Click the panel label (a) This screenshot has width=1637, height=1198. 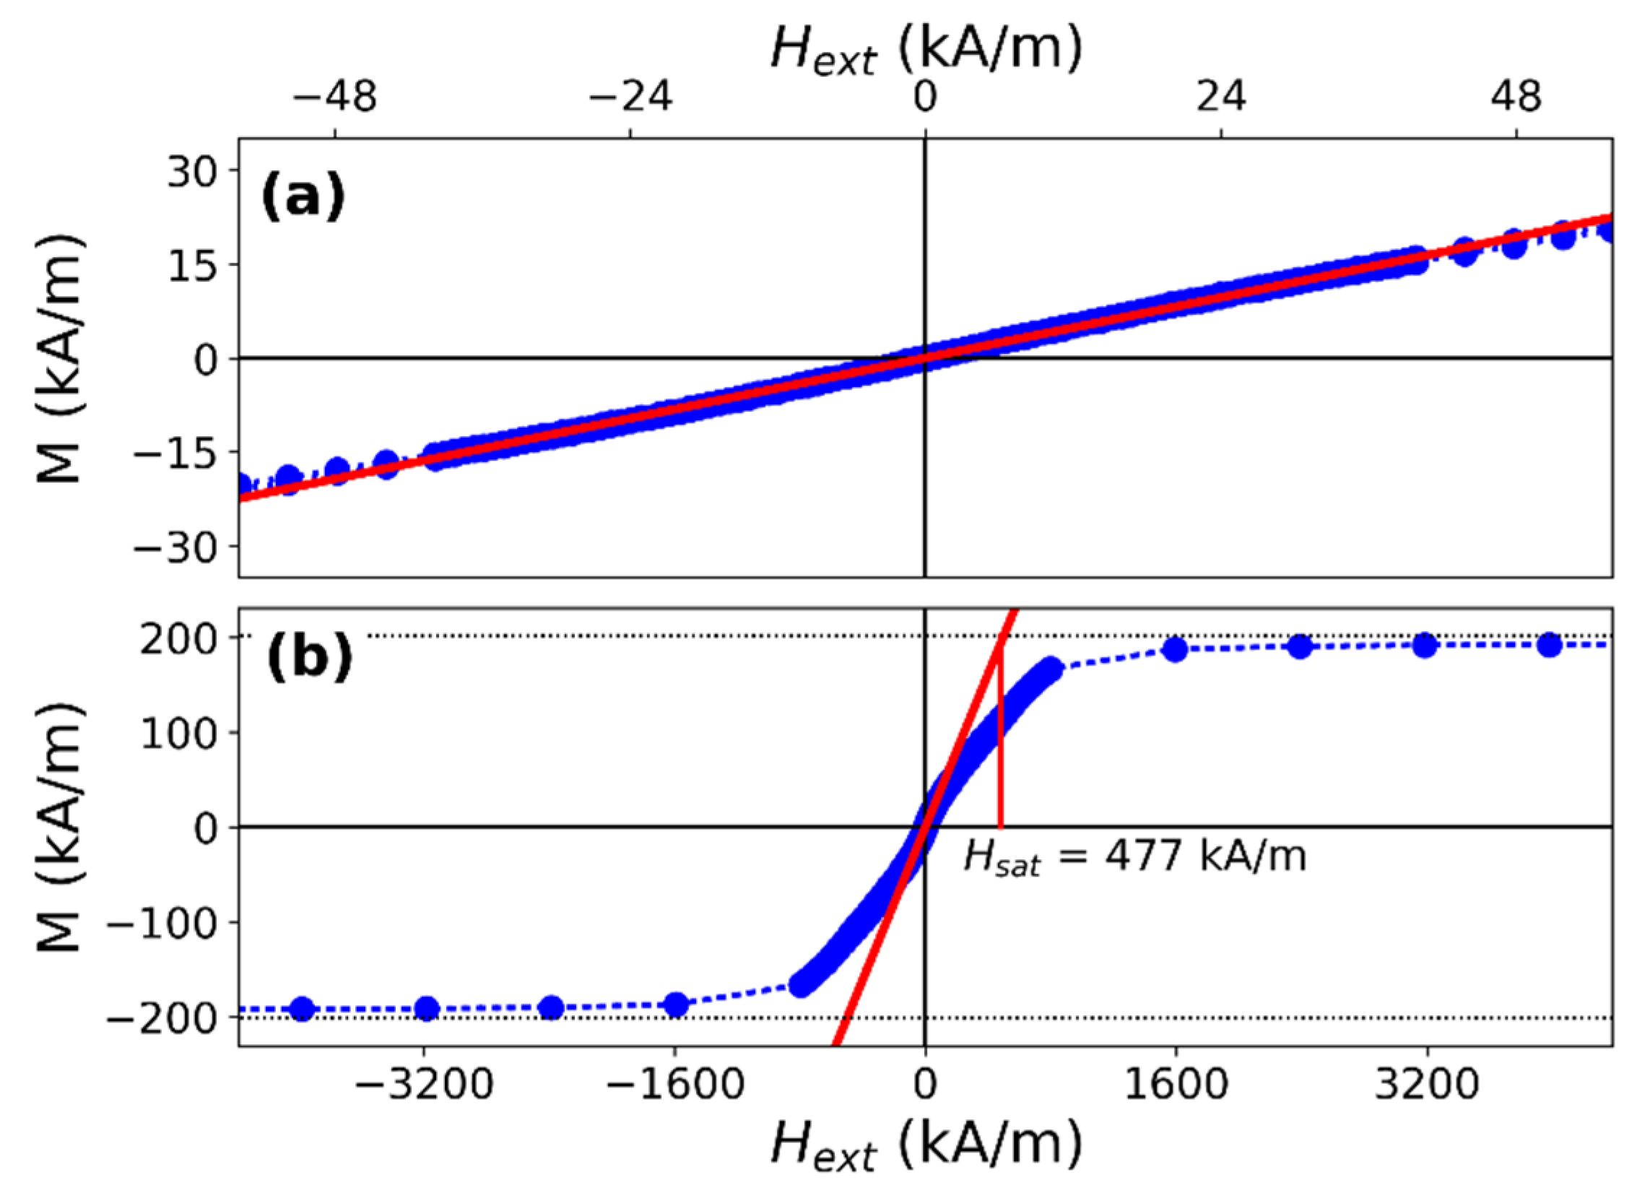(303, 197)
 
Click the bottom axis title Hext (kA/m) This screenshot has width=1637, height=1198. (926, 1146)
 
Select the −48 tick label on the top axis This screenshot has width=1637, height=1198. (336, 97)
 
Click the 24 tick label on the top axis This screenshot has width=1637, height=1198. (1222, 97)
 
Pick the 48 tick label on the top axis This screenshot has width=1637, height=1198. (1516, 97)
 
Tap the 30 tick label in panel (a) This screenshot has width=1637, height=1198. (192, 173)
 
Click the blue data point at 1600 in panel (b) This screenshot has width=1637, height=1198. (1175, 649)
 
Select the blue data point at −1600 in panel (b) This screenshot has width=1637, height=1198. (677, 1005)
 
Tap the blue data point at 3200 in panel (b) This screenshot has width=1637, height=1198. (1425, 646)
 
